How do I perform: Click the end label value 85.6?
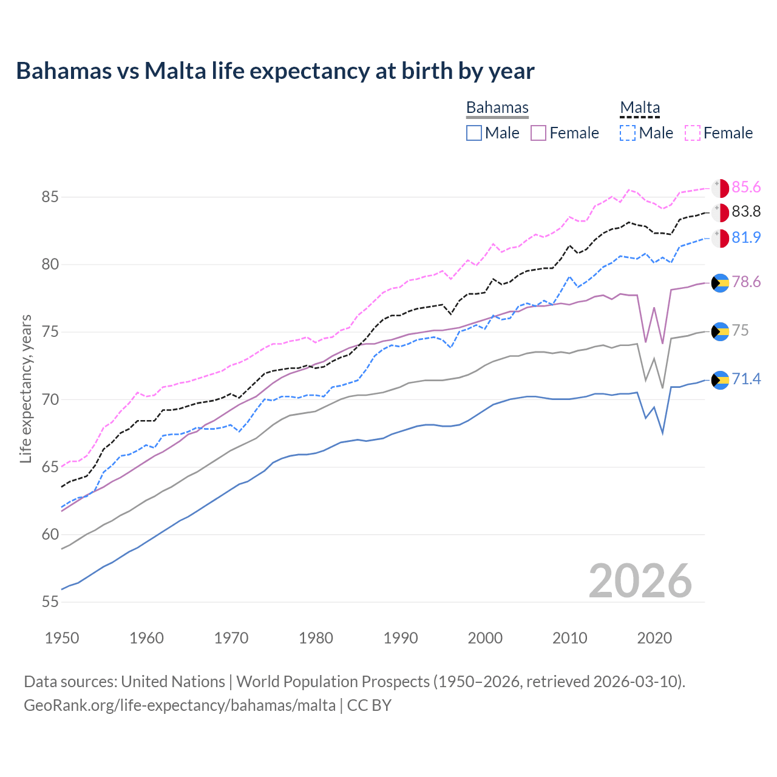[x=746, y=188]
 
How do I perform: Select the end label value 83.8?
[x=746, y=212]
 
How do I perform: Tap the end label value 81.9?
[x=746, y=237]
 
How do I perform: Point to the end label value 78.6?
[x=746, y=282]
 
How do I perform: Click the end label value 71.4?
[x=746, y=379]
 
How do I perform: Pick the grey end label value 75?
[x=740, y=330]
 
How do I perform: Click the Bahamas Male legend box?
[x=474, y=133]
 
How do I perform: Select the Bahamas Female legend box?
[x=538, y=133]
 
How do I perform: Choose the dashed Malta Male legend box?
[x=628, y=133]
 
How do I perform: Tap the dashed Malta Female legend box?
[x=693, y=133]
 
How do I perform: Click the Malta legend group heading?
[x=640, y=107]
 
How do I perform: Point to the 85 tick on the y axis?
[x=50, y=197]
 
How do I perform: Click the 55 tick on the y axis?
[x=50, y=602]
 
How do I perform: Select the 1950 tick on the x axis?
[x=62, y=638]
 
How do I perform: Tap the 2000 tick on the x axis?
[x=485, y=638]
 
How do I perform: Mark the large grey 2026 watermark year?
[x=640, y=581]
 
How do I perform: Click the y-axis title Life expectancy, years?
[x=25, y=388]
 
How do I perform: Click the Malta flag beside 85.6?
[x=720, y=188]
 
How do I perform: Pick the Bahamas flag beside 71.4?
[x=720, y=380]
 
